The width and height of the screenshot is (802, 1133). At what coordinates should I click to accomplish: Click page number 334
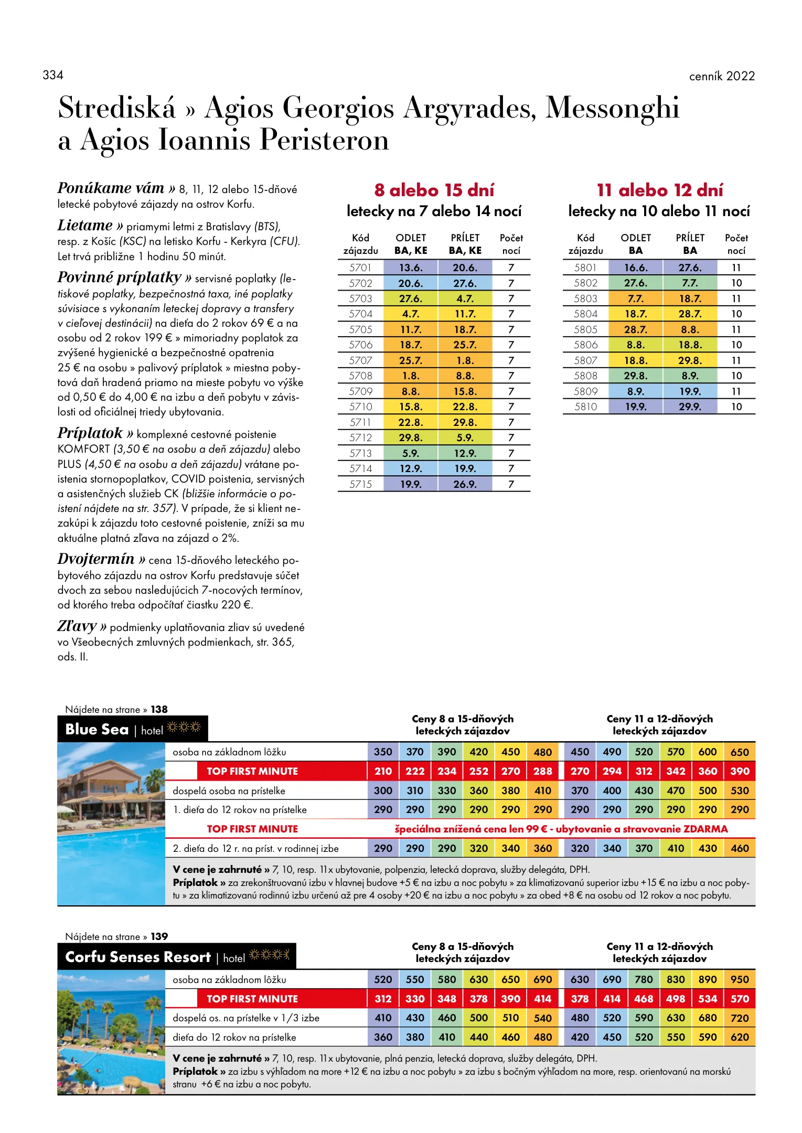(x=53, y=75)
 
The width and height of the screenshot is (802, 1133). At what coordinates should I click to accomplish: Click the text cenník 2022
(x=722, y=76)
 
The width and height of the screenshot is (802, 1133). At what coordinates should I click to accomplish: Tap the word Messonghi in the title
(x=612, y=108)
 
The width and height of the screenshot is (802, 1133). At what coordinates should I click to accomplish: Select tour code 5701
(x=360, y=268)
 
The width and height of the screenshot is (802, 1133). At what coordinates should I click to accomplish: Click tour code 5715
(x=360, y=484)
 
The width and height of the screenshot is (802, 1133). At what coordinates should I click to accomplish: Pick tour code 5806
(x=585, y=345)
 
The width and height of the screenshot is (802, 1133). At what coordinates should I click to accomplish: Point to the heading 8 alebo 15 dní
(x=434, y=190)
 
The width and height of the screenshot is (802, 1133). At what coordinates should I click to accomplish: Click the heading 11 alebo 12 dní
(x=660, y=190)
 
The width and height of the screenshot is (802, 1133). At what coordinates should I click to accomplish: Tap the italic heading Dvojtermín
(x=96, y=559)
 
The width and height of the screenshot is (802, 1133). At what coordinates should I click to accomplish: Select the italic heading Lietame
(x=85, y=226)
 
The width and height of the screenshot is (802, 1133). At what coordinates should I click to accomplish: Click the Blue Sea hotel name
(x=97, y=729)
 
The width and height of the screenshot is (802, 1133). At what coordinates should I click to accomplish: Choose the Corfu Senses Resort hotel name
(x=138, y=957)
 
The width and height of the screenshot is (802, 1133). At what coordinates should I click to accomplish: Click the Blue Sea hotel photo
(x=111, y=824)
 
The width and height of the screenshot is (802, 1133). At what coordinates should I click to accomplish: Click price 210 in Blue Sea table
(x=383, y=771)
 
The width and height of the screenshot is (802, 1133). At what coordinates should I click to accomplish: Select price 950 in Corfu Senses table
(x=740, y=979)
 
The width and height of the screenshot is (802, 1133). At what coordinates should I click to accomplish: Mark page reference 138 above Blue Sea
(x=159, y=709)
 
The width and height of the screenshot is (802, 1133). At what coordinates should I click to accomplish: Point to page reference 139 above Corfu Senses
(x=159, y=936)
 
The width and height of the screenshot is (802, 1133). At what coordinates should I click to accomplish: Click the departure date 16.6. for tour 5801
(x=636, y=268)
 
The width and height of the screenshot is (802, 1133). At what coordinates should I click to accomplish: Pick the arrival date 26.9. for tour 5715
(x=465, y=484)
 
